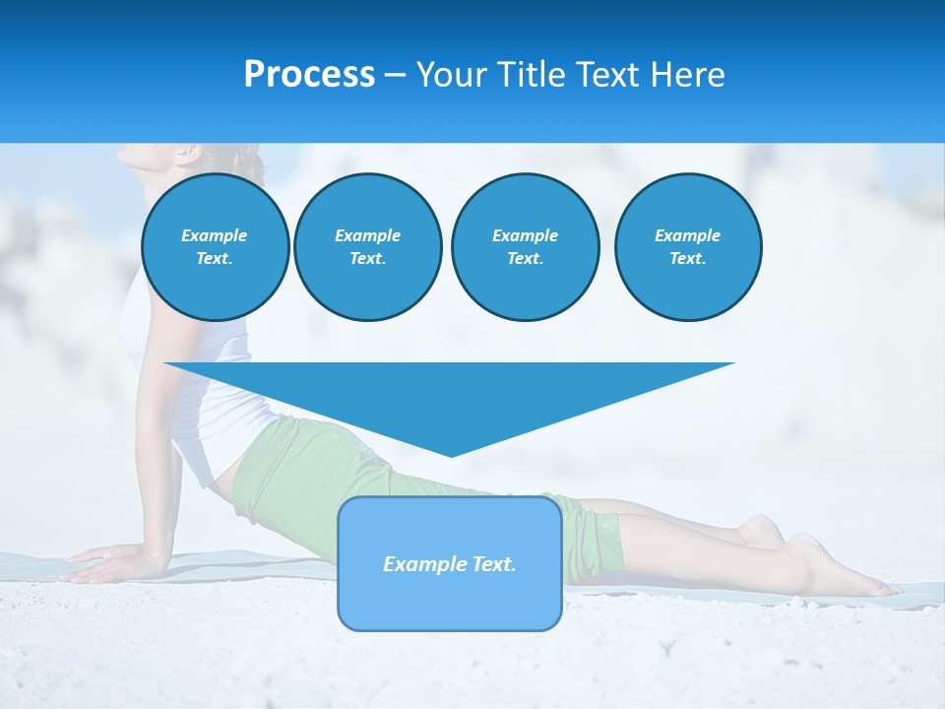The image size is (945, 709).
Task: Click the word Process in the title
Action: click(x=309, y=75)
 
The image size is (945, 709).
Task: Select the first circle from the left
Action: click(x=215, y=247)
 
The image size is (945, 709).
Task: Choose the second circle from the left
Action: click(x=367, y=247)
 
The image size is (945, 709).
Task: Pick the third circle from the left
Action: click(x=525, y=247)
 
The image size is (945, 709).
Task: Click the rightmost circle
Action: click(x=687, y=247)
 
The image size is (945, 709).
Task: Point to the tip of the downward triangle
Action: click(x=451, y=454)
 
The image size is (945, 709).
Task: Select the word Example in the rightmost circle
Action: click(x=687, y=235)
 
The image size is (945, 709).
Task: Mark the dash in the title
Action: click(x=396, y=75)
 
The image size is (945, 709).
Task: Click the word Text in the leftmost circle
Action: click(x=215, y=259)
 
